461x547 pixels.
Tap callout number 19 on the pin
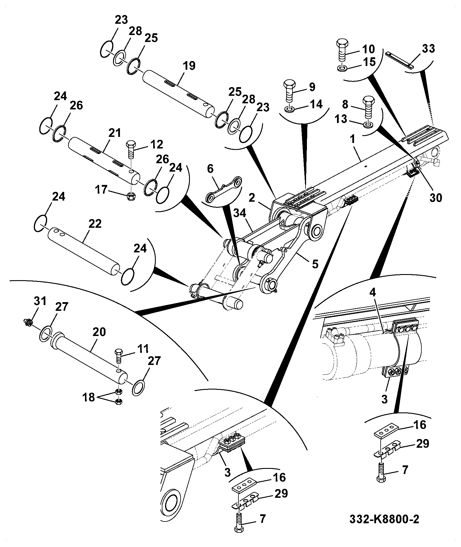click(x=189, y=66)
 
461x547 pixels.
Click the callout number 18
click(x=89, y=397)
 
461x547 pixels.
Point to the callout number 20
click(x=99, y=332)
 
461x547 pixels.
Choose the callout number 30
click(x=436, y=198)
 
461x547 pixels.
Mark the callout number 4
click(x=373, y=292)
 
